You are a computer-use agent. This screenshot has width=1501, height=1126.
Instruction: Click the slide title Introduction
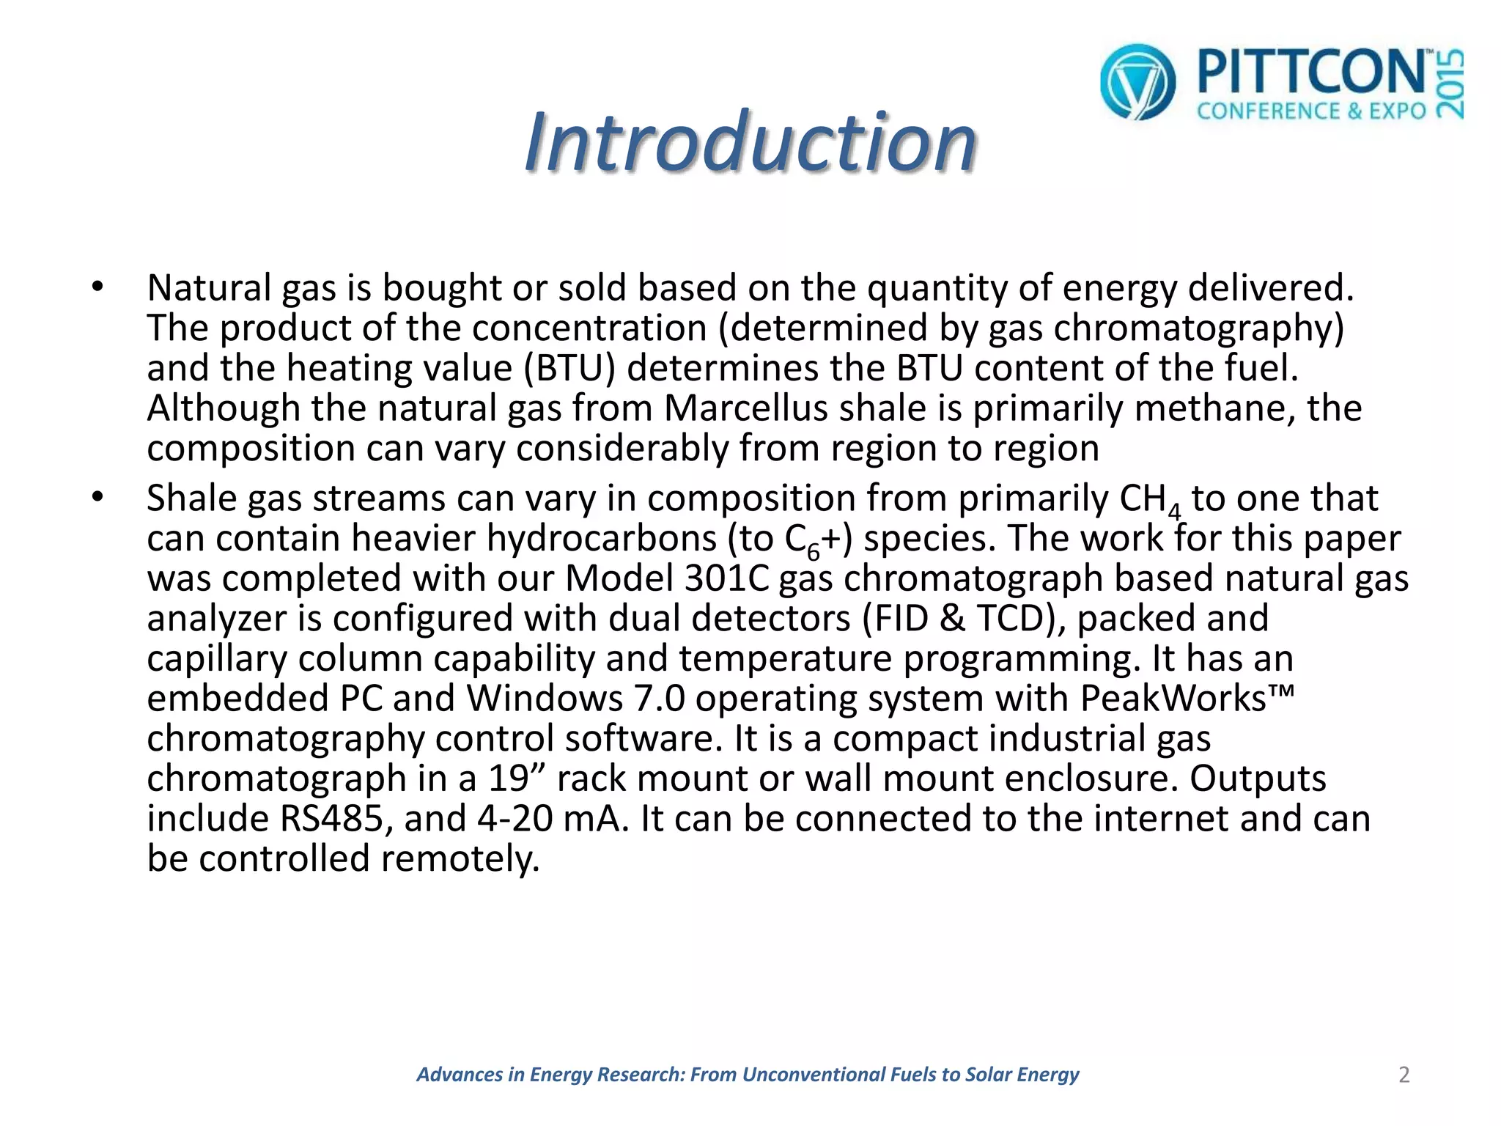click(x=750, y=141)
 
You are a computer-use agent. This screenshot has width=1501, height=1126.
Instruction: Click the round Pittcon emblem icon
click(x=1137, y=81)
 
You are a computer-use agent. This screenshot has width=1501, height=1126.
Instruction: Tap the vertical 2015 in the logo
click(x=1450, y=83)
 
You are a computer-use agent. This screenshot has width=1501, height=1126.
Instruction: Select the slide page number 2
click(x=1404, y=1075)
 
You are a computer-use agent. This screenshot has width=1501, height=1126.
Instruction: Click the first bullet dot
click(x=98, y=287)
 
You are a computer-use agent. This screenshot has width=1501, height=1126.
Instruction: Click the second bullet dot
click(x=98, y=498)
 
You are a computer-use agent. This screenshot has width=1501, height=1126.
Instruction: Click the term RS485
click(x=331, y=818)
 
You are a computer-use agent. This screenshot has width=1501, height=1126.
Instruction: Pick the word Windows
click(x=545, y=698)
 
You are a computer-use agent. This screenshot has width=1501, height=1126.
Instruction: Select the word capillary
click(x=217, y=658)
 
